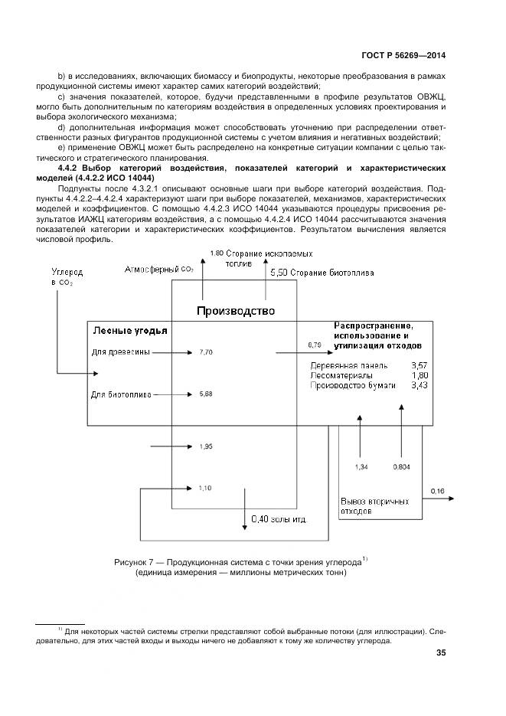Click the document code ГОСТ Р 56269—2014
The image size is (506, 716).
(402, 55)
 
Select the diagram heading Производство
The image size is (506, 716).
(235, 310)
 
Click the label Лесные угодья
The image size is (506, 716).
(130, 331)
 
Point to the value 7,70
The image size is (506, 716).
(205, 352)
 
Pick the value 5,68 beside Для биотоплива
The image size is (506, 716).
(205, 394)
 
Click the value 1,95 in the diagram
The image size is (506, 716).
(205, 446)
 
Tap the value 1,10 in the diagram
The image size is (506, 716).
(205, 488)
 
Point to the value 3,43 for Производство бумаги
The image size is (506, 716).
(419, 386)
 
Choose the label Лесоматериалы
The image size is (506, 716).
(342, 376)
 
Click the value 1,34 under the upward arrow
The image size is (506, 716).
(361, 466)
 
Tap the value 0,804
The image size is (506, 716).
(401, 466)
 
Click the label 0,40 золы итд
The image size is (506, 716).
(279, 519)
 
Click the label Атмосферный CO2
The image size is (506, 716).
(159, 269)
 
